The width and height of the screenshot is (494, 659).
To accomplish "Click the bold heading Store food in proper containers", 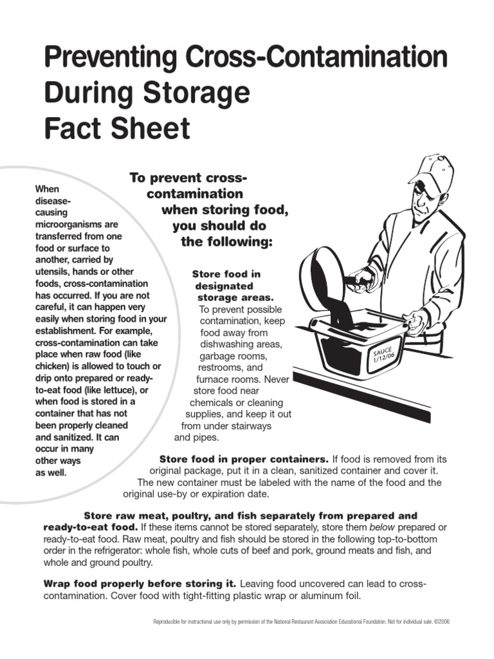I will coord(244,459).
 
